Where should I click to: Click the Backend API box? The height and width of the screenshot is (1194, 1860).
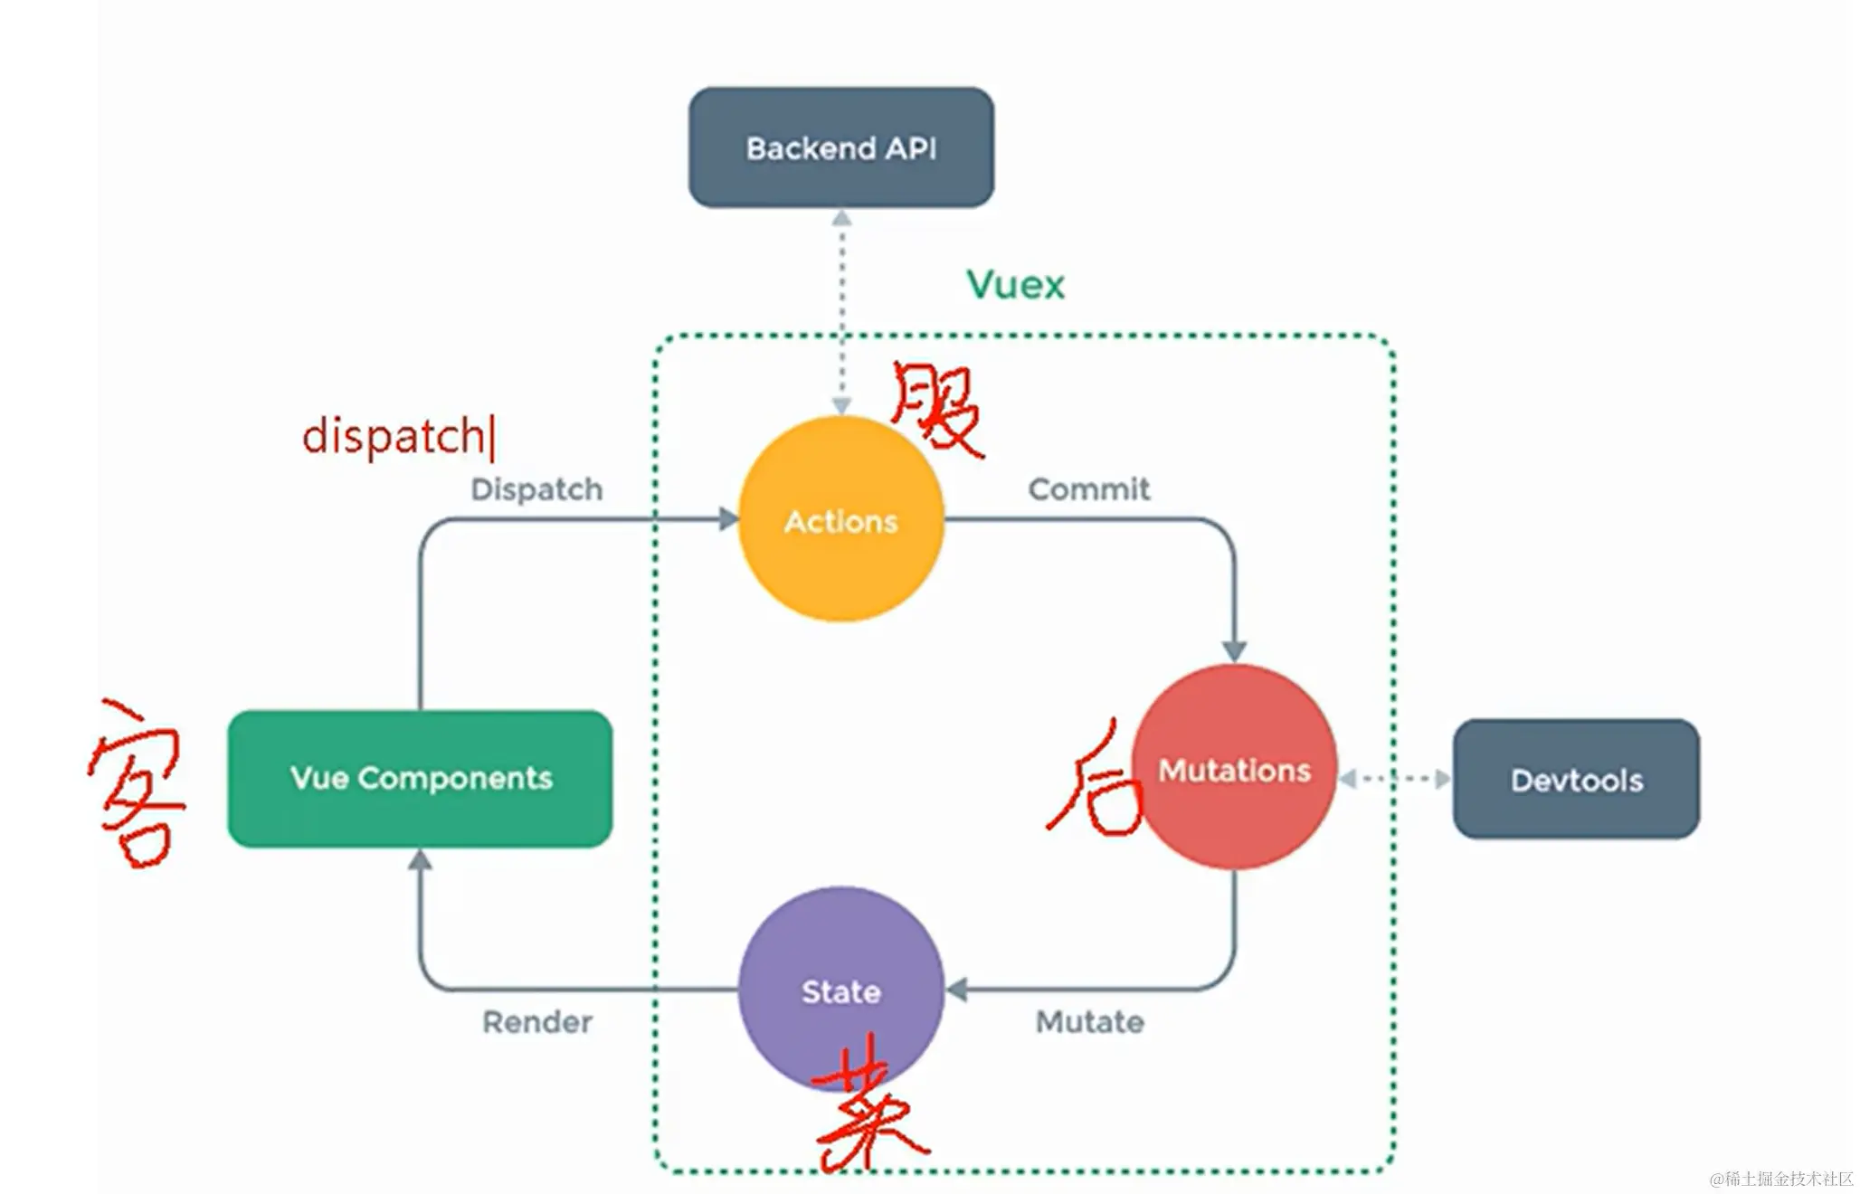pyautogui.click(x=841, y=147)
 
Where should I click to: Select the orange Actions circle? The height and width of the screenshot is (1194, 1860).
pyautogui.click(x=841, y=520)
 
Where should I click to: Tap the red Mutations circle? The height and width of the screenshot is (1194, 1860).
pyautogui.click(x=1236, y=769)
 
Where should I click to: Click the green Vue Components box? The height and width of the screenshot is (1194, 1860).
pyautogui.click(x=421, y=778)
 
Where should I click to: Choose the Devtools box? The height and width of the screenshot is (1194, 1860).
pyautogui.click(x=1576, y=780)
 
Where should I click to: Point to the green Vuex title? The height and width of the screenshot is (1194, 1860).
pyautogui.click(x=1015, y=285)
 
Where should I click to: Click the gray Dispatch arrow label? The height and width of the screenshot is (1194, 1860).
pyautogui.click(x=536, y=489)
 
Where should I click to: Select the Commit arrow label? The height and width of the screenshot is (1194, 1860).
pyautogui.click(x=1089, y=489)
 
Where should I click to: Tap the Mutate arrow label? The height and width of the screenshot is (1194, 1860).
pyautogui.click(x=1090, y=1022)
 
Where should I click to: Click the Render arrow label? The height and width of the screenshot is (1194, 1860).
pyautogui.click(x=537, y=1022)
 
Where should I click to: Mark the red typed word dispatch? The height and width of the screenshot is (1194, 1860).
pyautogui.click(x=394, y=437)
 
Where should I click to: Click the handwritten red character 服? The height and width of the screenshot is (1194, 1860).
pyautogui.click(x=936, y=409)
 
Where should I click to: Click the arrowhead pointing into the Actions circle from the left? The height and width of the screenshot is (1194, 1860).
pyautogui.click(x=729, y=519)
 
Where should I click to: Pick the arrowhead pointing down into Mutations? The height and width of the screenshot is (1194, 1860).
pyautogui.click(x=1235, y=650)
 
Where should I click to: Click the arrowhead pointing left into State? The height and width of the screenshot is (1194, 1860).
pyautogui.click(x=957, y=990)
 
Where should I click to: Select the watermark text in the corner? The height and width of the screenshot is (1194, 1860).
pyautogui.click(x=1780, y=1179)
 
